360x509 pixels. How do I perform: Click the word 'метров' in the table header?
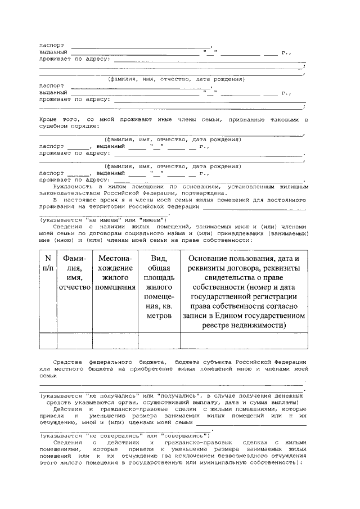click(x=159, y=317)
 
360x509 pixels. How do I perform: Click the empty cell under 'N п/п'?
click(x=48, y=341)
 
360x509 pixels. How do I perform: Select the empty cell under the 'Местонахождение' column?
click(x=115, y=341)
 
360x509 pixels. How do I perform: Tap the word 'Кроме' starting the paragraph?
click(x=49, y=120)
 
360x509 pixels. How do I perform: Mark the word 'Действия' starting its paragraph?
click(x=66, y=409)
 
